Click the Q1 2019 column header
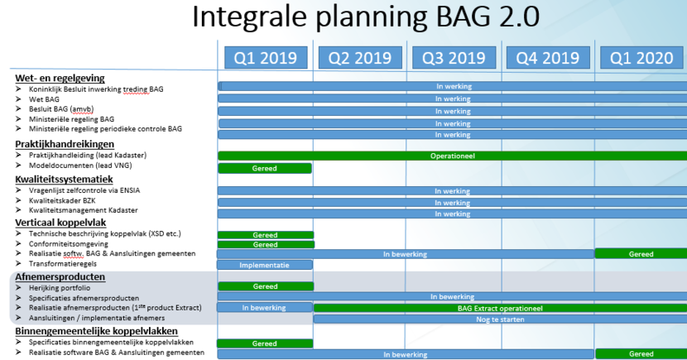tap(266, 58)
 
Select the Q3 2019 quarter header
tap(454, 58)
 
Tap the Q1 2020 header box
tap(641, 58)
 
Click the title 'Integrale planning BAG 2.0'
tap(366, 17)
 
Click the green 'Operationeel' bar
tap(452, 156)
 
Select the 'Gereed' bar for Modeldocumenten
tap(265, 168)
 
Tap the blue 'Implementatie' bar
tap(265, 265)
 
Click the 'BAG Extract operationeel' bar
tap(500, 309)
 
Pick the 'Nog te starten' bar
tap(500, 319)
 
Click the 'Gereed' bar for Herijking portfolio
tap(266, 286)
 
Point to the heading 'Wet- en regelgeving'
tap(60, 78)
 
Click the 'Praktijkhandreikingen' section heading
tap(65, 144)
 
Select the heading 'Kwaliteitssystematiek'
tap(64, 179)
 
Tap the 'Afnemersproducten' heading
tap(60, 276)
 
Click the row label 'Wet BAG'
tap(44, 99)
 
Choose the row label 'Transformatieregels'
tap(63, 264)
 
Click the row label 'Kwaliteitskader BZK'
tap(62, 200)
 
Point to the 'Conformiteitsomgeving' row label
tap(69, 244)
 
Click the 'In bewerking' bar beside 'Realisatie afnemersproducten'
tap(265, 308)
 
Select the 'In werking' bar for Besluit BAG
tap(453, 111)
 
